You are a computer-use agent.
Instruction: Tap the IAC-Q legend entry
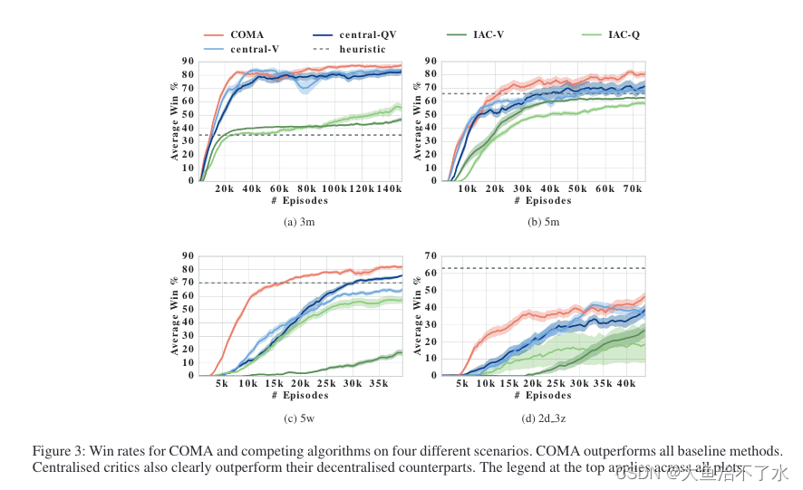coord(623,34)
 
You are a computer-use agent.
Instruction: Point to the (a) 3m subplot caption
coord(299,221)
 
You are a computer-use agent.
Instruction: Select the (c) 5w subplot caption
coord(299,417)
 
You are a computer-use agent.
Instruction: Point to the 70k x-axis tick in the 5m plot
coord(631,188)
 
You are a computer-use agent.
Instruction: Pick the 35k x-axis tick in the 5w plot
coord(378,383)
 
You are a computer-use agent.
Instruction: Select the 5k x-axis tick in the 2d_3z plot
coord(462,383)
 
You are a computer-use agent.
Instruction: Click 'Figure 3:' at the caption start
coord(59,451)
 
